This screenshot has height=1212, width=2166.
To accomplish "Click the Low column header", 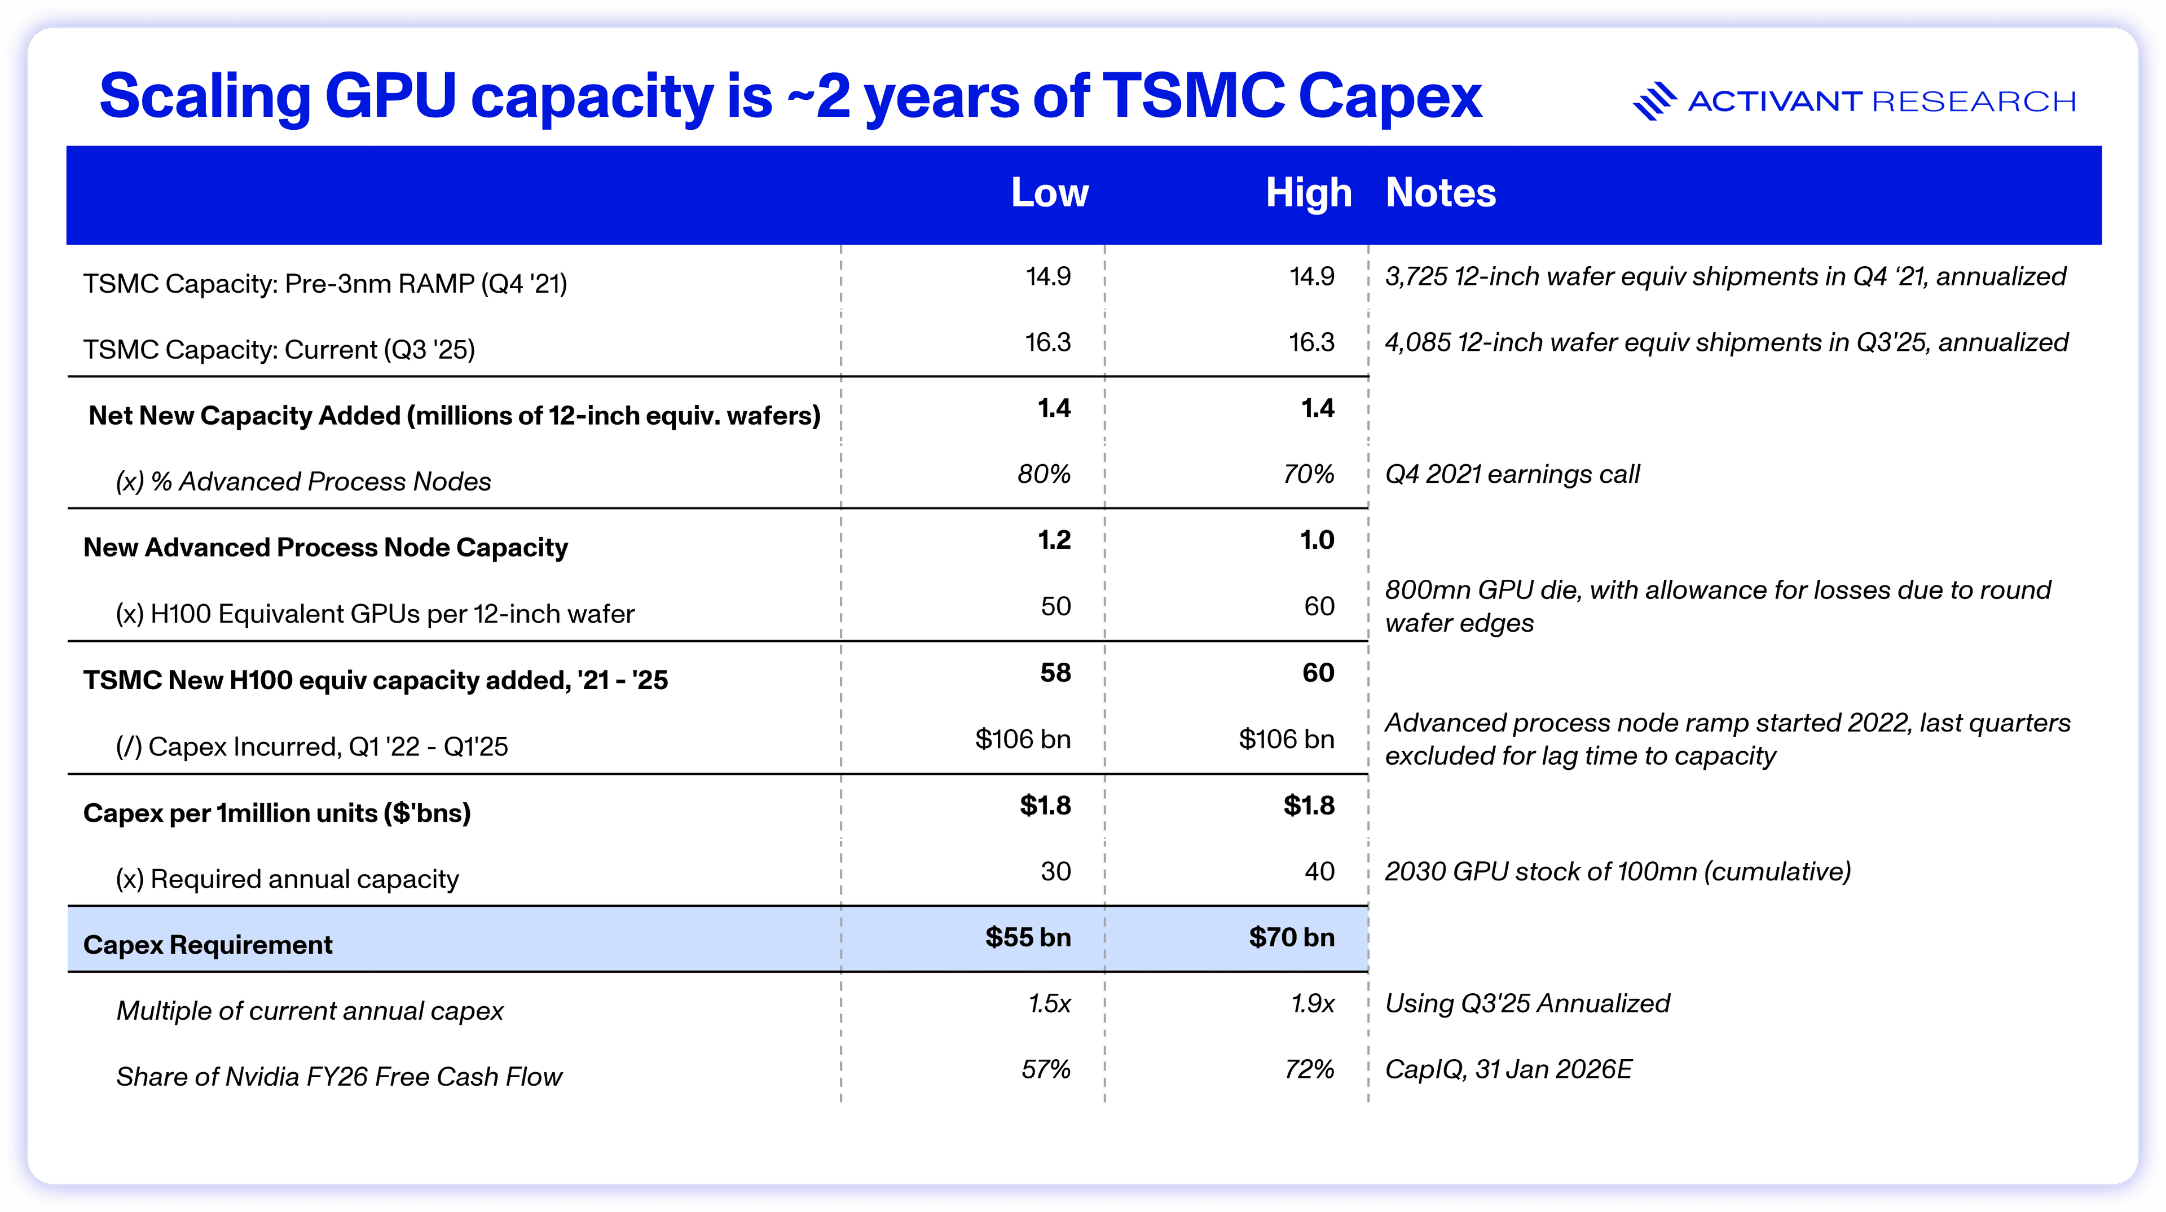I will click(x=1049, y=193).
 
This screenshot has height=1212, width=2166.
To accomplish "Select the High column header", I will click(x=1309, y=193).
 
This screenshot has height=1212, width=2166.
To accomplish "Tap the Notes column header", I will click(x=1441, y=193).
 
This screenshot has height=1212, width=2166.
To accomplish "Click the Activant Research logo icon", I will click(x=1654, y=101).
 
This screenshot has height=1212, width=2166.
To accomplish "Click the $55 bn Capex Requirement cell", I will click(x=1028, y=937).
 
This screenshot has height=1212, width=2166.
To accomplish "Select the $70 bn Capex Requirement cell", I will click(x=1292, y=937).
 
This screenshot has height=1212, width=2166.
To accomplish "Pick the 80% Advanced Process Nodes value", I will click(x=1044, y=475).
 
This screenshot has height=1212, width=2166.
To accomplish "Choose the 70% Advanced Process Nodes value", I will click(x=1309, y=475).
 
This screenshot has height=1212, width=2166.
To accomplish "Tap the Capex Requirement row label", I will click(x=208, y=945).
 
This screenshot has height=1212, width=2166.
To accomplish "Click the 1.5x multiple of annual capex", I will click(x=1049, y=1003).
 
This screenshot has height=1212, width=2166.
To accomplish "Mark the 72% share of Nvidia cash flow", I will click(x=1309, y=1069).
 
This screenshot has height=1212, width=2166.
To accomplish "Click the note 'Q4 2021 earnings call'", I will click(x=1512, y=475).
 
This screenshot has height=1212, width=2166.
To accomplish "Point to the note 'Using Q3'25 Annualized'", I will click(x=1527, y=1003).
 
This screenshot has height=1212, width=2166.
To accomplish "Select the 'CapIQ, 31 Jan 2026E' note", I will click(x=1508, y=1069).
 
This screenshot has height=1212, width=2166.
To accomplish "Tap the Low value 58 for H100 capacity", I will click(x=1055, y=672).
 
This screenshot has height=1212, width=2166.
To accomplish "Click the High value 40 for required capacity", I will click(x=1319, y=871).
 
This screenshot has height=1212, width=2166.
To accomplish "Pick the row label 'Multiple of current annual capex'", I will click(x=310, y=1010).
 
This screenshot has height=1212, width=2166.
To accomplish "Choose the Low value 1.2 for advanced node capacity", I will click(x=1054, y=540).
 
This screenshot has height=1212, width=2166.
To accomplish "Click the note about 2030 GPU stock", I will click(x=1617, y=871).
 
